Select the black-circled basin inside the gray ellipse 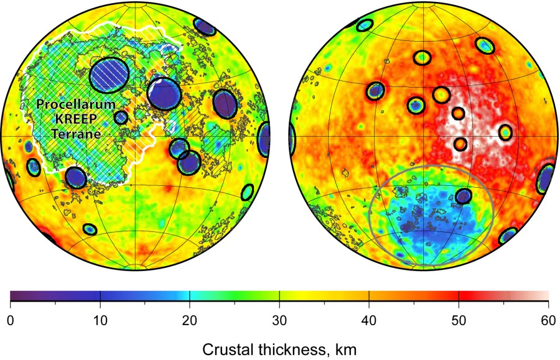(x=464, y=196)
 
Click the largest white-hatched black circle (x=110, y=74)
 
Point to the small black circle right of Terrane (x=121, y=117)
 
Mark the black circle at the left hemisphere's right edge (x=265, y=139)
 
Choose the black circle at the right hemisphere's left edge (x=291, y=139)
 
